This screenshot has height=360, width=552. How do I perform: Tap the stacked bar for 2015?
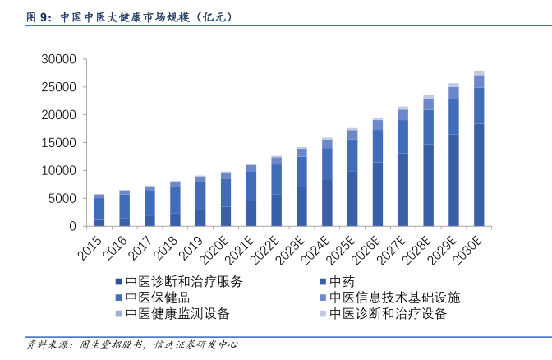pyautogui.click(x=99, y=211)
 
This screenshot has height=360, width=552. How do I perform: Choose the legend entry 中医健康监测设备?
pyautogui.click(x=177, y=314)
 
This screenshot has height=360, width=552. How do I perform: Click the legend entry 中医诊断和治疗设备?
pyautogui.click(x=389, y=314)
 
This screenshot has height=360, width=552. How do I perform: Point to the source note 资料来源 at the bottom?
pyautogui.click(x=131, y=344)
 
